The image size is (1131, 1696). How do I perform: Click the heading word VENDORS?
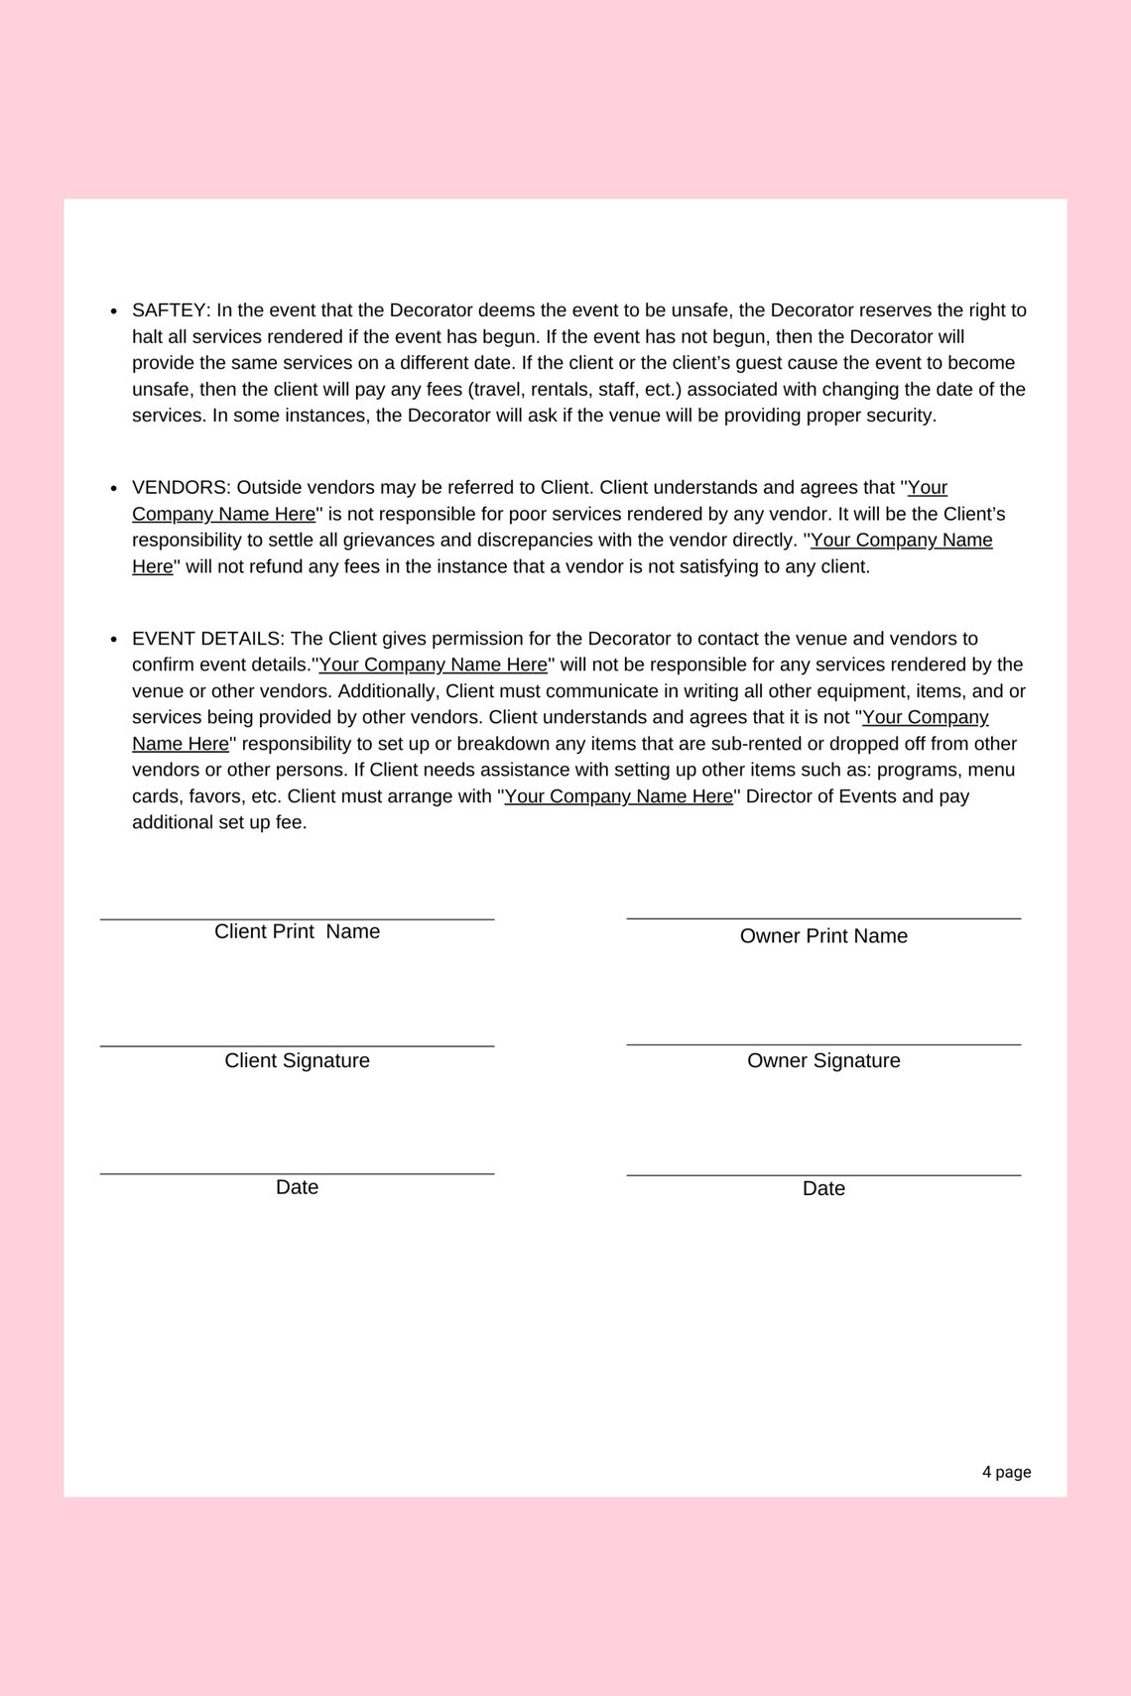[x=180, y=488]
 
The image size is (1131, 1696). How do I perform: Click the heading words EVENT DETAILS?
[x=207, y=639]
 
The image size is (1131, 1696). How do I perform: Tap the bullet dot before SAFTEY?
[x=114, y=311]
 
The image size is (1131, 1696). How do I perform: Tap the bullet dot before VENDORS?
[x=114, y=489]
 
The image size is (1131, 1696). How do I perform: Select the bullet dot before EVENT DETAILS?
[x=114, y=640]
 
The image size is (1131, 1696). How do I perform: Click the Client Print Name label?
[x=297, y=931]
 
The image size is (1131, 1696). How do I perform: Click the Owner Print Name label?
[x=823, y=936]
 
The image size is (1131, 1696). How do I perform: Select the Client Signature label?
[x=297, y=1060]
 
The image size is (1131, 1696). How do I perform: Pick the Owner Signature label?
[x=823, y=1060]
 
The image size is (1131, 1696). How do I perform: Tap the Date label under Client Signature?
[x=297, y=1187]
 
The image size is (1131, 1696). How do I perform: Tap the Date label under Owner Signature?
[x=823, y=1188]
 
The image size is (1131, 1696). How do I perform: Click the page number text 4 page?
[x=1006, y=1472]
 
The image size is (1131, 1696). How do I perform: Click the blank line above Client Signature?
[x=297, y=1045]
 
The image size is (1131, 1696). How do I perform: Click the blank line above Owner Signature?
[x=823, y=1044]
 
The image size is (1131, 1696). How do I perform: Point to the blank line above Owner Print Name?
[x=823, y=918]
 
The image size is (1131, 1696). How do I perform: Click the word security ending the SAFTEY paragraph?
[x=899, y=416]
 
